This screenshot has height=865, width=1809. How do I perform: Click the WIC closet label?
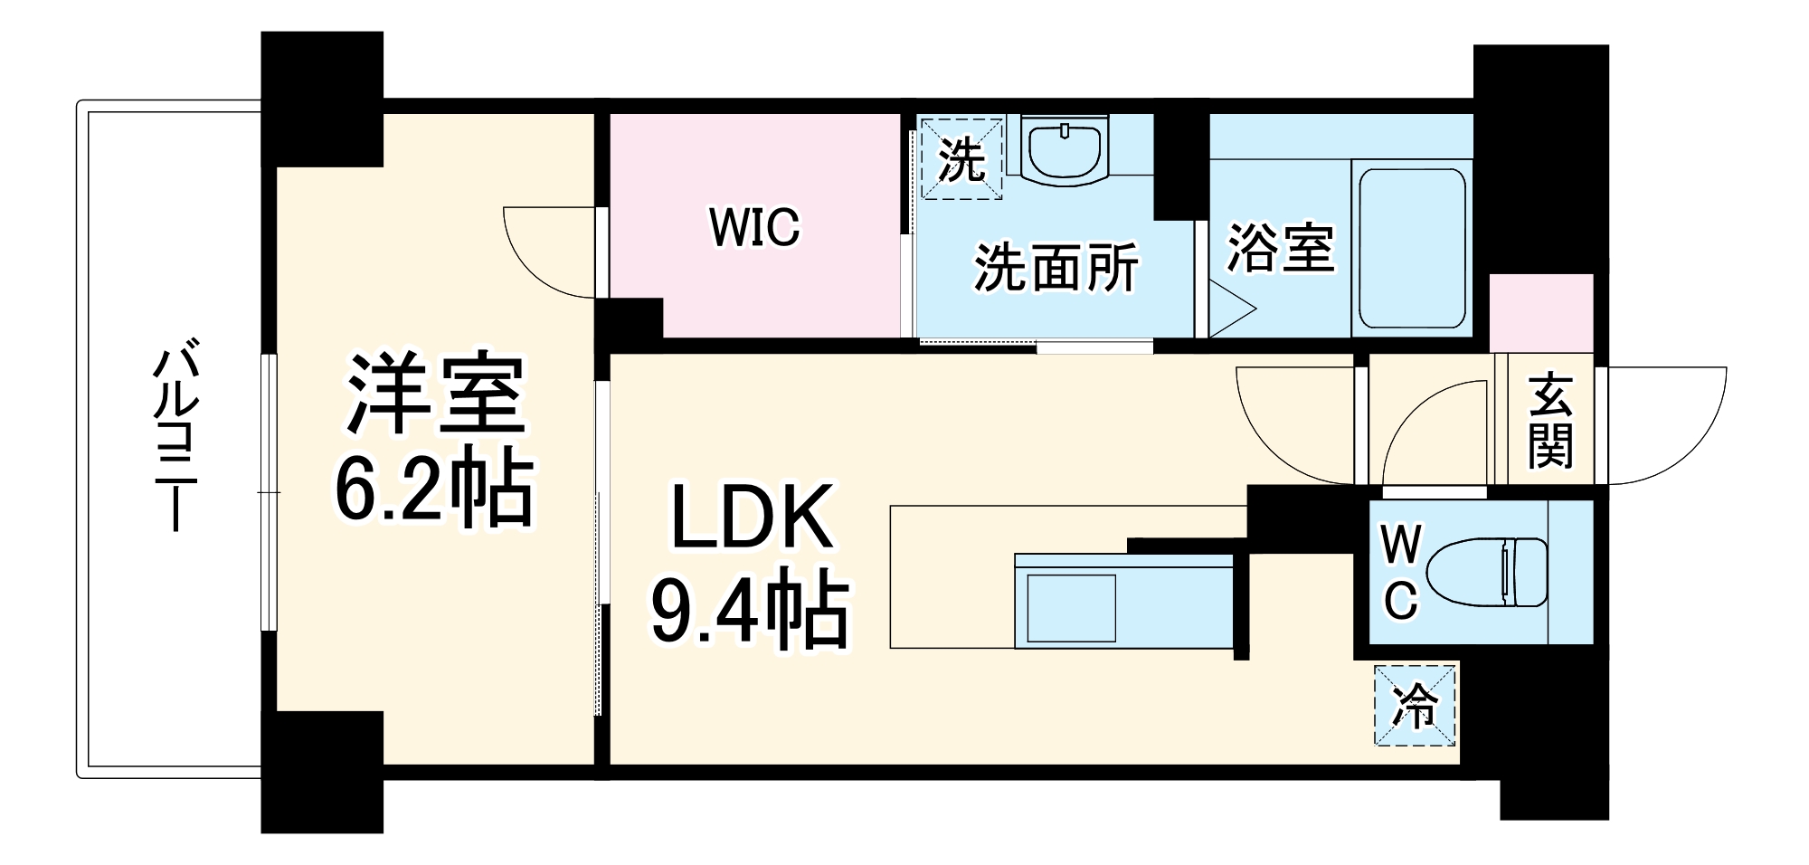pyautogui.click(x=754, y=227)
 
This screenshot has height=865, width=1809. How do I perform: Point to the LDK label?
pyautogui.click(x=751, y=518)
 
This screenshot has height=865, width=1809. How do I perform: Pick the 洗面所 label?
pyautogui.click(x=1055, y=268)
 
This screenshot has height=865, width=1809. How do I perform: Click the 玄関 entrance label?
pyautogui.click(x=1549, y=421)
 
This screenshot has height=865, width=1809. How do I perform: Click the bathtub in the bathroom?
pyautogui.click(x=1412, y=249)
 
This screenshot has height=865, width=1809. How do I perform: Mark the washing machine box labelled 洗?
pyautogui.click(x=961, y=158)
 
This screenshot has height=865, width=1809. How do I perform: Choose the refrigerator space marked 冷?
pyautogui.click(x=1415, y=706)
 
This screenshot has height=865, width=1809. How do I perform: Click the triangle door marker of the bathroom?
pyautogui.click(x=1230, y=309)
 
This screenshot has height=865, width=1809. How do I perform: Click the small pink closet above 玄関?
pyautogui.click(x=1541, y=313)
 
